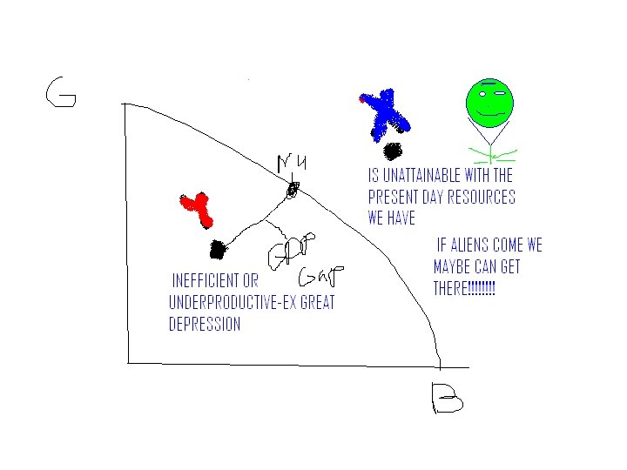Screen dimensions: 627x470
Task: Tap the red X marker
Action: [198, 209]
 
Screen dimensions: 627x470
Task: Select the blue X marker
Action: [383, 114]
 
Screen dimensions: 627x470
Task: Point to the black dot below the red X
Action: [218, 250]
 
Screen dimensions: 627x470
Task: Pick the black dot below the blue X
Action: [394, 151]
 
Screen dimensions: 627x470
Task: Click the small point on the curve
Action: [293, 188]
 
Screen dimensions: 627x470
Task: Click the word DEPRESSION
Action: [205, 324]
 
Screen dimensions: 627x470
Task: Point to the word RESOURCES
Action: [478, 197]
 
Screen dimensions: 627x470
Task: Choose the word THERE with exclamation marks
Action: [464, 288]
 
